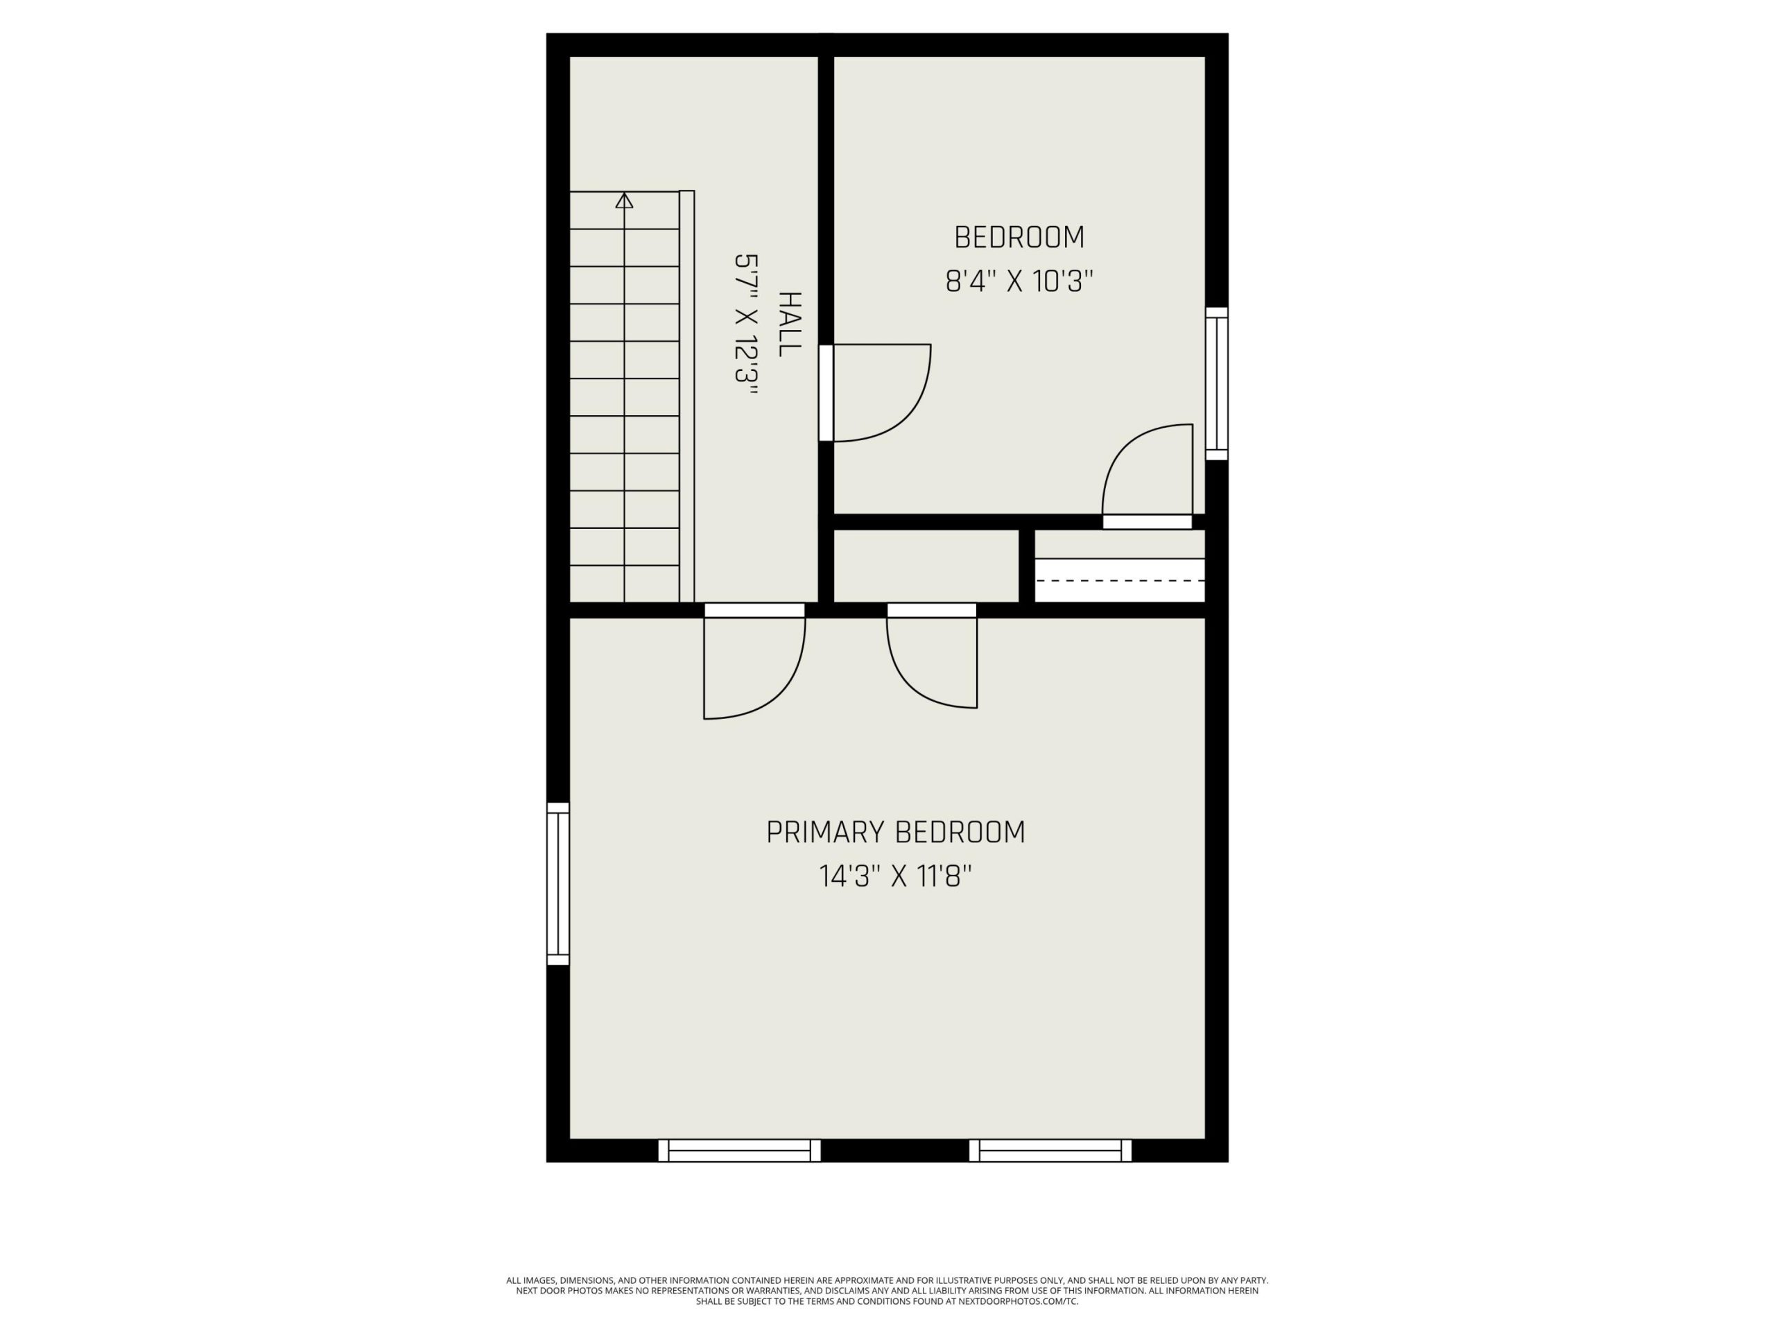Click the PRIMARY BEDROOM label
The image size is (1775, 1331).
coord(896,833)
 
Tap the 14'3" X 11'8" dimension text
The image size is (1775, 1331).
coord(896,876)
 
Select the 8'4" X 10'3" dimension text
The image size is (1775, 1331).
coord(1019,281)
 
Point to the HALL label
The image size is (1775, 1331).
coord(790,324)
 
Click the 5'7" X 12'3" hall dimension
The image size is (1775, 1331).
coord(747,324)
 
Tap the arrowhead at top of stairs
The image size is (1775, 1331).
coord(624,200)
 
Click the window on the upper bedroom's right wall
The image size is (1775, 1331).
coord(1217,383)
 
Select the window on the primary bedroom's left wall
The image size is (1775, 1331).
coord(557,884)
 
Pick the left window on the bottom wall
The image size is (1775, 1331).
coord(739,1151)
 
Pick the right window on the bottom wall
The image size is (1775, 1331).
coord(1050,1151)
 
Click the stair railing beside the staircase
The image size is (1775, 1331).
coord(687,397)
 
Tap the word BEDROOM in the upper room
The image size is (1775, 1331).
coord(1019,238)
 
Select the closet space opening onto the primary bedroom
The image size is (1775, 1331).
coord(926,566)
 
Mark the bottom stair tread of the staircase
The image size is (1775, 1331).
coord(624,584)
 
